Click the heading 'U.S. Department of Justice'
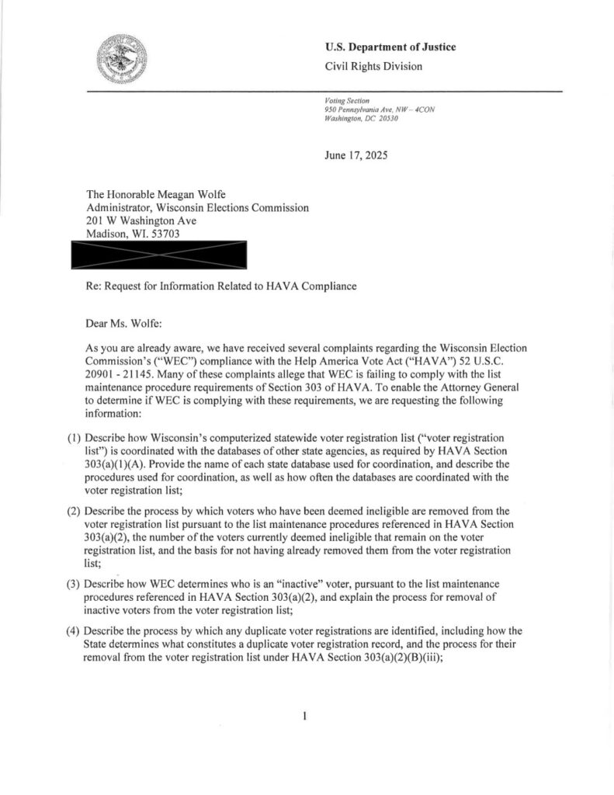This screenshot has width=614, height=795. tap(390, 47)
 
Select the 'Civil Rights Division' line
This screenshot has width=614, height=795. tap(374, 67)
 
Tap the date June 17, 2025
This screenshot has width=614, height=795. tap(356, 155)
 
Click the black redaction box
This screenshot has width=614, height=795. tap(158, 254)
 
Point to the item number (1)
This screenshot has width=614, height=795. tap(74, 438)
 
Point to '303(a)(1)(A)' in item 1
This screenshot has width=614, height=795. tap(113, 463)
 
